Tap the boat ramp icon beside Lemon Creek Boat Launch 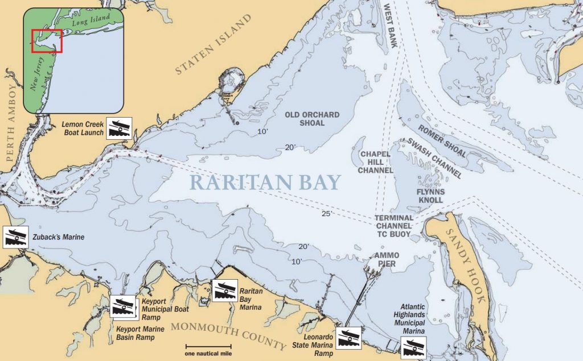tap(120, 128)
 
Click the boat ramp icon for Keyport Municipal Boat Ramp tap(124, 307)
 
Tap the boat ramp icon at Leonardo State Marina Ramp tap(347, 338)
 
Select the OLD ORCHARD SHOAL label tap(312, 119)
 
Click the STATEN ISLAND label tap(213, 46)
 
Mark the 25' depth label tap(327, 214)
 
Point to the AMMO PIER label tap(386, 259)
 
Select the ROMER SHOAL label tap(442, 141)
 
